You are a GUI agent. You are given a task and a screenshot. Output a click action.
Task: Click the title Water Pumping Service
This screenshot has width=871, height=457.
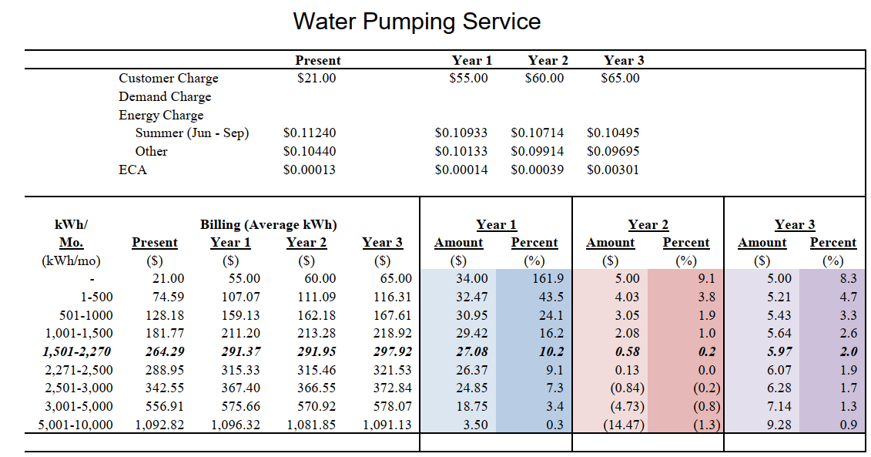pos(417,21)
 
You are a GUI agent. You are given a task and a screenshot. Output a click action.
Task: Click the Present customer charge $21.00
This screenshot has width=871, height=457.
pos(316,79)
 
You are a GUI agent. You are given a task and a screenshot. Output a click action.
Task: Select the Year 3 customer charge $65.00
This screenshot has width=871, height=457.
pos(620,79)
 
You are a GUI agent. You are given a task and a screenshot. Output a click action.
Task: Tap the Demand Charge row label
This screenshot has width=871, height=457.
pos(165,97)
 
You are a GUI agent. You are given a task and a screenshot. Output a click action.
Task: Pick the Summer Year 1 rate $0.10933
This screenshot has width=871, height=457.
pos(461,133)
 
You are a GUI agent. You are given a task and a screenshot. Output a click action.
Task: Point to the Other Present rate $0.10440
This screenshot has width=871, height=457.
pos(310,152)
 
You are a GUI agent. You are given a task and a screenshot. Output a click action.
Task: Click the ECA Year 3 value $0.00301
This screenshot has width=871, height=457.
pos(612,170)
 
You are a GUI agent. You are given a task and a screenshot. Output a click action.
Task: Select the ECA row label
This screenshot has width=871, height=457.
pos(132,170)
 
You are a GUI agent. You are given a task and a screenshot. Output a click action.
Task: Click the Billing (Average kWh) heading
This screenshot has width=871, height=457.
pos(268,225)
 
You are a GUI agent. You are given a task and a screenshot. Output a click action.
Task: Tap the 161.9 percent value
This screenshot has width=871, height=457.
pos(548,279)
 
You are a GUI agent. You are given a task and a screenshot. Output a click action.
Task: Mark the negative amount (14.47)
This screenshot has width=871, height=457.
pos(625,425)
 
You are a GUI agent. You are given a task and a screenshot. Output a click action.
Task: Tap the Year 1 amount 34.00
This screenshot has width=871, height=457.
pos(472,279)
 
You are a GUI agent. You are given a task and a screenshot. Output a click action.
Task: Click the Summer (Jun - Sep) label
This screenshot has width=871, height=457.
pos(192,133)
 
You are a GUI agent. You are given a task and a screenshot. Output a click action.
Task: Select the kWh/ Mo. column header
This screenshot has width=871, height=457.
pos(72,234)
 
